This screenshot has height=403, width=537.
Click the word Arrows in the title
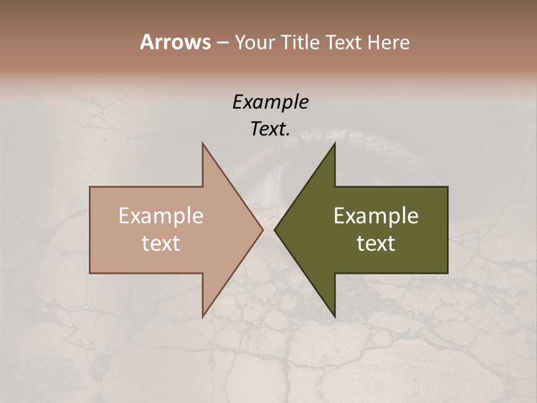point(175,42)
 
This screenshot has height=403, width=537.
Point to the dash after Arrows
point(222,43)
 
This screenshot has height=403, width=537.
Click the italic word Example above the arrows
point(270,102)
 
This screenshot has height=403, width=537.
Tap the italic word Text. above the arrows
point(270,129)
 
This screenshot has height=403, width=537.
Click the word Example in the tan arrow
point(161,215)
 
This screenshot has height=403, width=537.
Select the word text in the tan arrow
point(161,243)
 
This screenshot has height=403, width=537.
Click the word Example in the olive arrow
point(376,215)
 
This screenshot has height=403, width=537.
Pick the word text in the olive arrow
point(376,243)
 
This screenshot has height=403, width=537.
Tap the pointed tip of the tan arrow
point(262,229)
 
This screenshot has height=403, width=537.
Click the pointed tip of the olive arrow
point(275,229)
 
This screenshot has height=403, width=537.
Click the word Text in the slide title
point(343,42)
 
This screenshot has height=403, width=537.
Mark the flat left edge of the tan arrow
point(91,229)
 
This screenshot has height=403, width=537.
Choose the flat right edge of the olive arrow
point(447,229)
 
